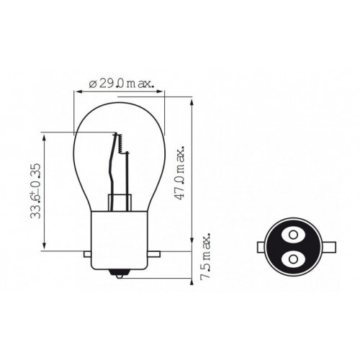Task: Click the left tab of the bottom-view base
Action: pyautogui.click(x=263, y=247)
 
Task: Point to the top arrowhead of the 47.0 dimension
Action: pyautogui.click(x=192, y=103)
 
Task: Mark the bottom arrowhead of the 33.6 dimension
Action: pyautogui.click(x=45, y=247)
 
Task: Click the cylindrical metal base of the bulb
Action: pyautogui.click(x=119, y=230)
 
